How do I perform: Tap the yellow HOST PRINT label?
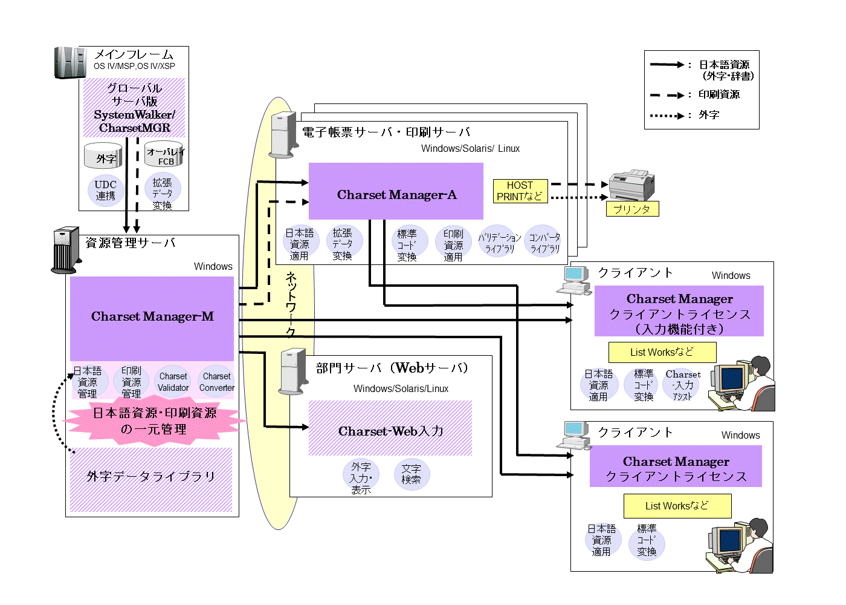click(520, 191)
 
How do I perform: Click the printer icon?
click(631, 185)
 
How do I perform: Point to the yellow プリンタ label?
click(632, 209)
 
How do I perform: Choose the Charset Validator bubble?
click(173, 382)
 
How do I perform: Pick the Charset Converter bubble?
click(217, 382)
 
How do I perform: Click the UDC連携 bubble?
click(106, 191)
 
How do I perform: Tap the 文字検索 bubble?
click(412, 474)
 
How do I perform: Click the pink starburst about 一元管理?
click(155, 421)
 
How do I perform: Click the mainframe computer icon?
click(70, 63)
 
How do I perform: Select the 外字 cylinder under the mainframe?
click(103, 157)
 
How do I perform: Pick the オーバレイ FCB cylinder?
click(164, 155)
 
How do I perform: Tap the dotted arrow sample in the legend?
click(667, 116)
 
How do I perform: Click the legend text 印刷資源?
click(719, 94)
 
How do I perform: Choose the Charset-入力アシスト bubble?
click(682, 385)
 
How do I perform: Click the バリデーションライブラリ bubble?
click(499, 242)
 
